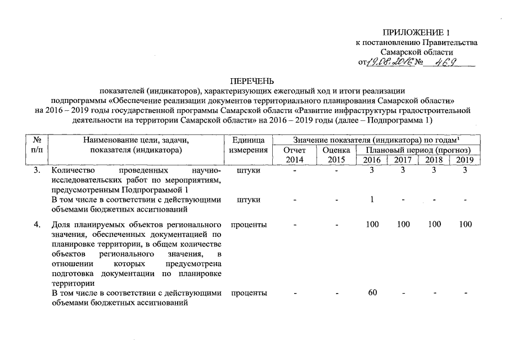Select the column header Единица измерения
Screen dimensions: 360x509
coord(248,145)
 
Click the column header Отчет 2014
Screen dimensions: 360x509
coord(294,155)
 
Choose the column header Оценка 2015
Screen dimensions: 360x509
coord(336,155)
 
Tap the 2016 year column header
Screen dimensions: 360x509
coord(372,160)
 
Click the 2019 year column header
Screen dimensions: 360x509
coord(465,160)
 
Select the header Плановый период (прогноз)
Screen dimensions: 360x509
coord(418,150)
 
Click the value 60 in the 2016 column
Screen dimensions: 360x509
coord(372,293)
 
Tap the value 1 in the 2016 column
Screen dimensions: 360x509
coord(372,199)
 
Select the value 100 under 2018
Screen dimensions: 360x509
coord(434,224)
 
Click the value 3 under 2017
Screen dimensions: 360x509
coord(403,170)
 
